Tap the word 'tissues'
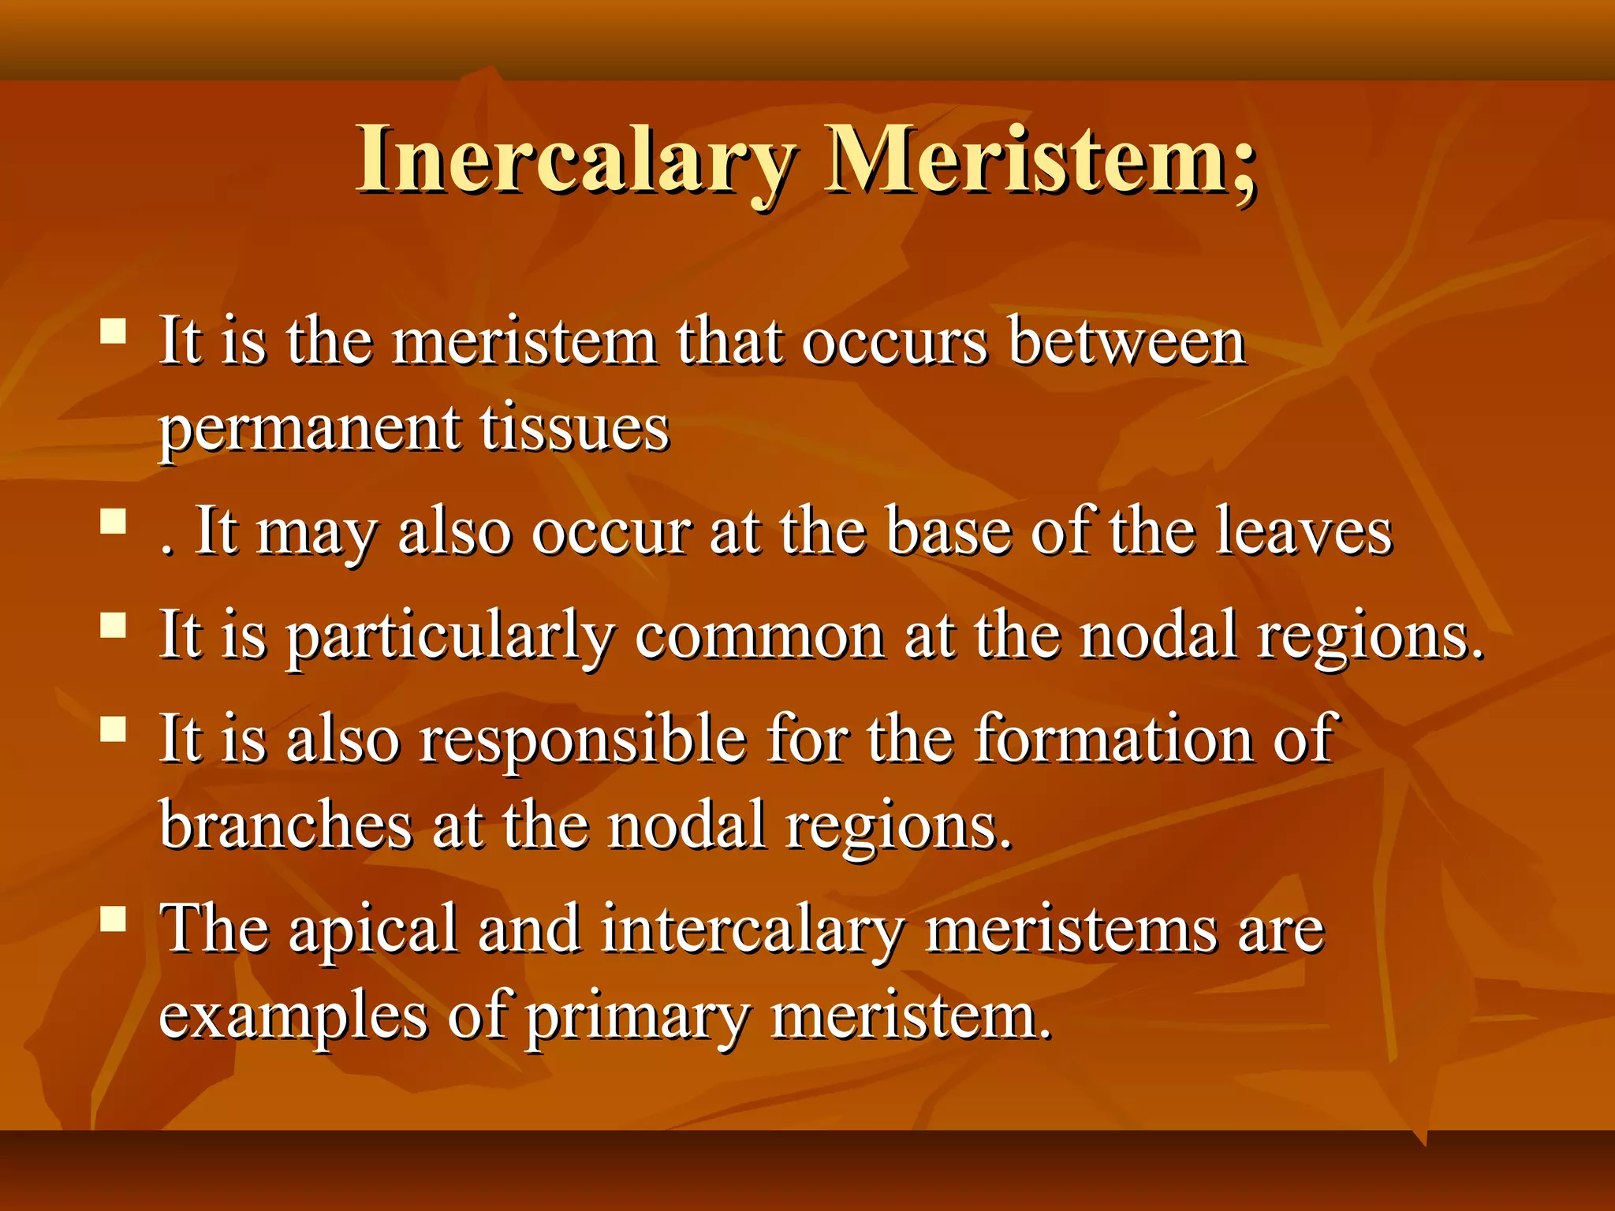click(x=575, y=429)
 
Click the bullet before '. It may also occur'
click(x=114, y=521)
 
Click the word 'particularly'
click(x=449, y=637)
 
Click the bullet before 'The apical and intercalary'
click(x=114, y=918)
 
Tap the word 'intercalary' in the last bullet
click(x=752, y=931)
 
